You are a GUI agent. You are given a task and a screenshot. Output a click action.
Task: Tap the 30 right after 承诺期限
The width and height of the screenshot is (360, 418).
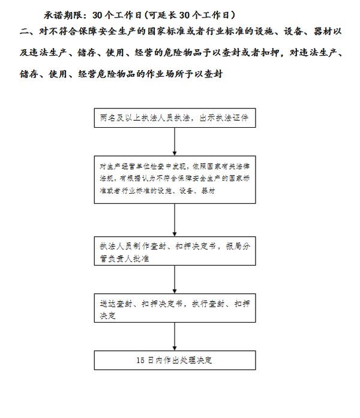tap(97, 16)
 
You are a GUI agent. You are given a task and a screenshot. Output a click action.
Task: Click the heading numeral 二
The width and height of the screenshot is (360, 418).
tap(24, 32)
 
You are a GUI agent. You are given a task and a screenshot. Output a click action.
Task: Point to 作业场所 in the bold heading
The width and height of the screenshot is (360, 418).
tap(165, 74)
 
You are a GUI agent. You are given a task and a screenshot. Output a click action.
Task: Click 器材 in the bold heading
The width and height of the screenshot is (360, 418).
tap(323, 31)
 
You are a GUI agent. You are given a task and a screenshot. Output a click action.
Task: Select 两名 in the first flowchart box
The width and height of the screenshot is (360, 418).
tap(108, 118)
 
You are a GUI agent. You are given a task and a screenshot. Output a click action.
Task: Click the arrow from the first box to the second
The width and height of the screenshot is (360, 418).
tap(175, 142)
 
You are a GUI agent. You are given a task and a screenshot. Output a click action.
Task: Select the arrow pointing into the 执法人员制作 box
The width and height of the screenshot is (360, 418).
tap(175, 220)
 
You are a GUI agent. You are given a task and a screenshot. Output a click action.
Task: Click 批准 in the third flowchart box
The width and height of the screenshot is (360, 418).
tap(141, 258)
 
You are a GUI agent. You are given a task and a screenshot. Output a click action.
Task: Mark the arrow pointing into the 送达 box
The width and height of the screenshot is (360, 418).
tap(175, 279)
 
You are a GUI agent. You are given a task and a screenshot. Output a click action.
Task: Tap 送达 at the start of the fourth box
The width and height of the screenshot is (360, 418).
tap(108, 303)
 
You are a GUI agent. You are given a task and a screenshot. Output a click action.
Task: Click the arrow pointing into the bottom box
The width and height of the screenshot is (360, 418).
tap(175, 336)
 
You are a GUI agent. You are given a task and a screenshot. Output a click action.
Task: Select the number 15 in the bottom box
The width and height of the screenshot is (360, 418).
tap(140, 360)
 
